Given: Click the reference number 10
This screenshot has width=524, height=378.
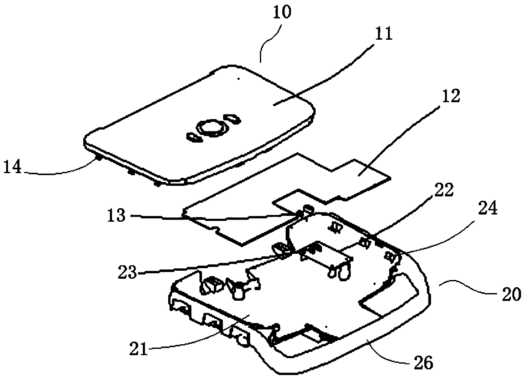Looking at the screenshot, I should [x=281, y=13].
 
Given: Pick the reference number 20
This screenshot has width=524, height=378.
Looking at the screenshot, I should [x=509, y=294].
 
